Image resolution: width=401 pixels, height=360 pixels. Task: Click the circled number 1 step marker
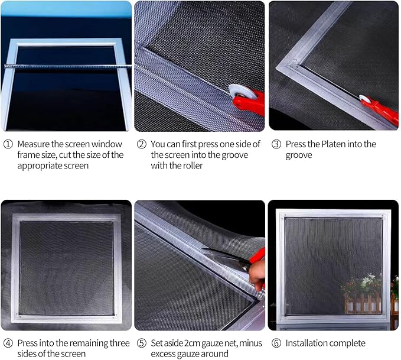7,144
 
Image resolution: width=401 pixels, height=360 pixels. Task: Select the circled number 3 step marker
275,144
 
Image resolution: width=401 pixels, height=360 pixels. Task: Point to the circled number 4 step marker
7,343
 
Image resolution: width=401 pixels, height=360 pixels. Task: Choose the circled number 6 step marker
275,343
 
